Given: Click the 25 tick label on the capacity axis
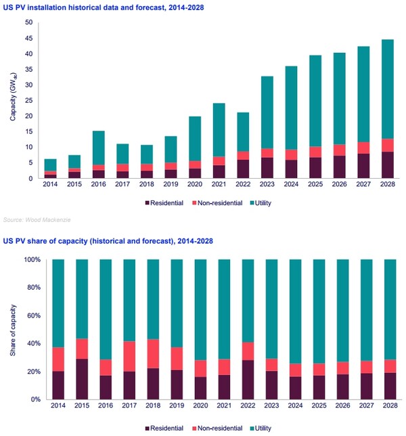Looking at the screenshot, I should click(x=28, y=100).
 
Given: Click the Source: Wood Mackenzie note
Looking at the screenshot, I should click(x=33, y=219).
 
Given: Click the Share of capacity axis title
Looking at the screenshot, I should click(x=13, y=328).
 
